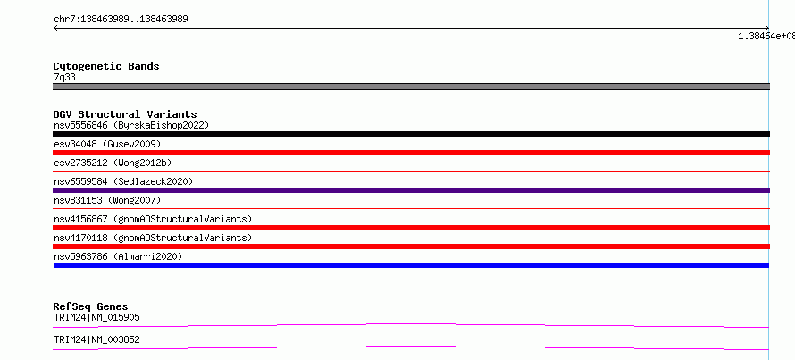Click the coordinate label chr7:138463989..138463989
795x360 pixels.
(x=121, y=20)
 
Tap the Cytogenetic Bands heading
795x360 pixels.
(x=106, y=66)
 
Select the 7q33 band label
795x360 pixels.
(x=65, y=78)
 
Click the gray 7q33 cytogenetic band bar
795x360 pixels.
(x=411, y=87)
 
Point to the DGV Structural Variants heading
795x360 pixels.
(x=125, y=114)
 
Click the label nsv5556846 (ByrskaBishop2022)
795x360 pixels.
(x=131, y=125)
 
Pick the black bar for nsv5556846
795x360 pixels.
(x=411, y=134)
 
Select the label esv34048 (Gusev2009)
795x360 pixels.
(x=107, y=144)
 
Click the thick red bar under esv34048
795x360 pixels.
(x=411, y=153)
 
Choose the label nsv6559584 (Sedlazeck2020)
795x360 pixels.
(x=123, y=181)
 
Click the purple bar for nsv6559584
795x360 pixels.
(x=411, y=190)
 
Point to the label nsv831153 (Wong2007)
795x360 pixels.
(x=107, y=200)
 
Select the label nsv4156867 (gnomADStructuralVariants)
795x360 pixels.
(x=153, y=219)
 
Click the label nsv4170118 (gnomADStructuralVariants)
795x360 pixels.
(x=153, y=238)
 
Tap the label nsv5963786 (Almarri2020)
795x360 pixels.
(x=118, y=256)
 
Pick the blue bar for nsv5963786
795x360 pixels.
(x=411, y=265)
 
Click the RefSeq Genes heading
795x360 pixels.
(x=90, y=306)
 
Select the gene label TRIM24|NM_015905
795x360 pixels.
(x=96, y=317)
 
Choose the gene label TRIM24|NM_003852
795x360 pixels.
(x=96, y=339)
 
